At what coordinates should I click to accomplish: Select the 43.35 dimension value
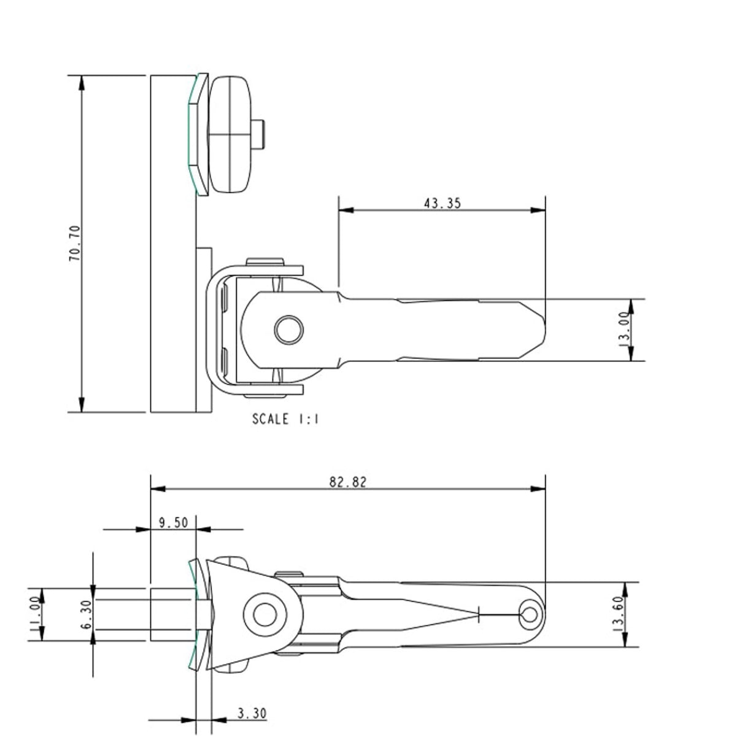tap(442, 203)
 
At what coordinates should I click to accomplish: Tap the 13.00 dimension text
tap(624, 330)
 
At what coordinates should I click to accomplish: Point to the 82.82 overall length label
tap(347, 482)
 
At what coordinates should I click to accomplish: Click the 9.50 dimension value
tap(173, 523)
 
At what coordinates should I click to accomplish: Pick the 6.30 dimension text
tap(86, 614)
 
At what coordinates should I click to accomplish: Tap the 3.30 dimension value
tap(252, 713)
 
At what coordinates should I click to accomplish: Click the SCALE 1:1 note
tap(285, 420)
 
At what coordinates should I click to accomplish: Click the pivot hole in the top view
tap(288, 330)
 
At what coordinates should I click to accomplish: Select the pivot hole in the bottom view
tap(265, 614)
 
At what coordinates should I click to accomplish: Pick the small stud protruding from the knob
tap(260, 134)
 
